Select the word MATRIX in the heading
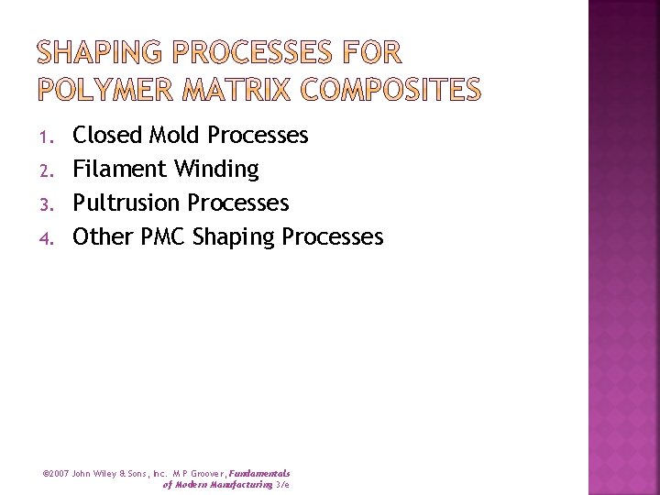pyautogui.click(x=242, y=89)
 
